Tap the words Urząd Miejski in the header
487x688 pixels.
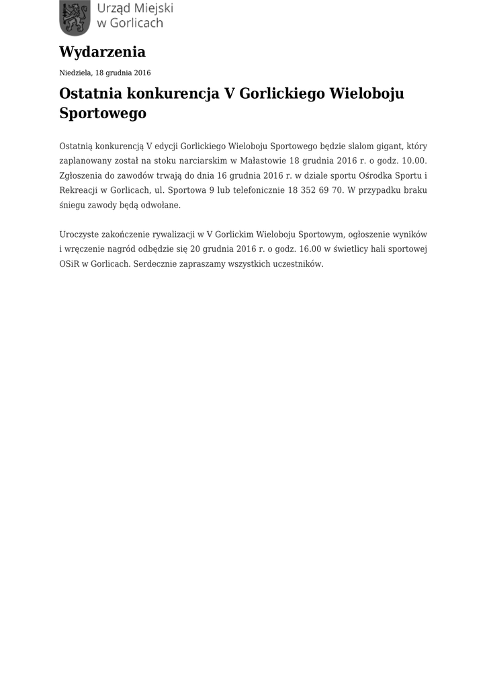(x=135, y=9)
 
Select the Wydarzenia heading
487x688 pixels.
(x=102, y=52)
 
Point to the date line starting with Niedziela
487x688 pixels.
(x=105, y=73)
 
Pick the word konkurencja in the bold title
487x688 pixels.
(x=172, y=93)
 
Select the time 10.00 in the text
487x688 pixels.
(x=412, y=161)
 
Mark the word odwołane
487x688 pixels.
(x=161, y=205)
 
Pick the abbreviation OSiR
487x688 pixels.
(x=69, y=264)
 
